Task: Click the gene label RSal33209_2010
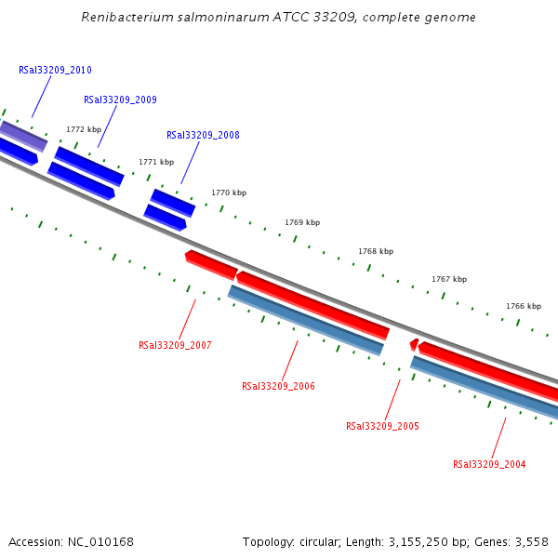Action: click(x=55, y=71)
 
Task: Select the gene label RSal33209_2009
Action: click(x=120, y=100)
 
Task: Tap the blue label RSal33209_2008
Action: click(x=203, y=136)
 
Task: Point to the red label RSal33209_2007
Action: click(x=175, y=346)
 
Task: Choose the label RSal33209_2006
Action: click(x=278, y=387)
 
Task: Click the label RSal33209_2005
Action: click(x=382, y=427)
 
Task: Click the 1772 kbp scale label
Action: click(x=83, y=130)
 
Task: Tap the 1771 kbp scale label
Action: click(x=156, y=162)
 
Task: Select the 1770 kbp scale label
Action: click(x=229, y=193)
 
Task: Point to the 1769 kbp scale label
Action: click(x=302, y=223)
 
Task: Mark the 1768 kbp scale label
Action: click(x=376, y=252)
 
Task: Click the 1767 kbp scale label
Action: click(x=449, y=280)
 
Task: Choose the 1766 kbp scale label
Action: click(x=524, y=307)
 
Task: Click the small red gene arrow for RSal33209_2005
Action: click(x=414, y=345)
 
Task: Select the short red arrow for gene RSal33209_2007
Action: click(x=211, y=265)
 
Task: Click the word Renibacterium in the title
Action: click(x=126, y=18)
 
